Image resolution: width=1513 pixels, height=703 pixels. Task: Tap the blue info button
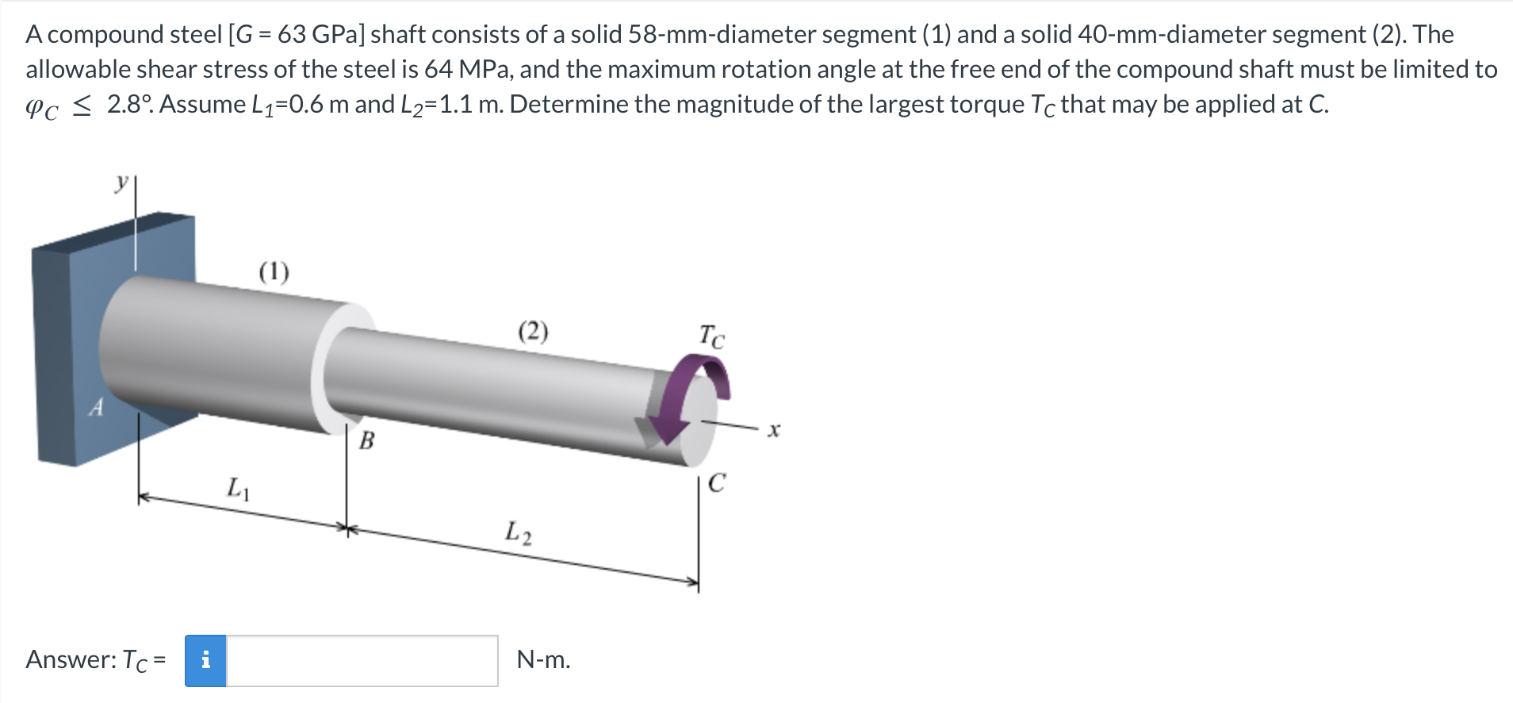[205, 660]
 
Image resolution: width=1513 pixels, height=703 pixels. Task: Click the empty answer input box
[362, 660]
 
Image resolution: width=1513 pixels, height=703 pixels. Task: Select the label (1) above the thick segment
[274, 272]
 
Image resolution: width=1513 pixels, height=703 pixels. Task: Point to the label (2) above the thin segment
[533, 331]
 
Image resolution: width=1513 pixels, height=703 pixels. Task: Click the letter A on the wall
[96, 408]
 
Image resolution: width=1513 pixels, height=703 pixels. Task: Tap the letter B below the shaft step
[366, 440]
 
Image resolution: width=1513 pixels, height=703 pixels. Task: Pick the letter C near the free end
[716, 483]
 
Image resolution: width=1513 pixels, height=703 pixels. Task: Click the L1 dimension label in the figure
[238, 487]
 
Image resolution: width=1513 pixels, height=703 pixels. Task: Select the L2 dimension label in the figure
[518, 532]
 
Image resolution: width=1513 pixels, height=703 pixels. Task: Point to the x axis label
[774, 430]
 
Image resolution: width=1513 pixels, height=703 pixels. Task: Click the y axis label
[121, 182]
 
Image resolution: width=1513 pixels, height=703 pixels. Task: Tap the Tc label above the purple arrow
[711, 336]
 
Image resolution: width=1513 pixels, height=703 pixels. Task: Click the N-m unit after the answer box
[543, 660]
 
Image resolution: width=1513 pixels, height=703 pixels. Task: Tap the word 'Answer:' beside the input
[71, 660]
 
